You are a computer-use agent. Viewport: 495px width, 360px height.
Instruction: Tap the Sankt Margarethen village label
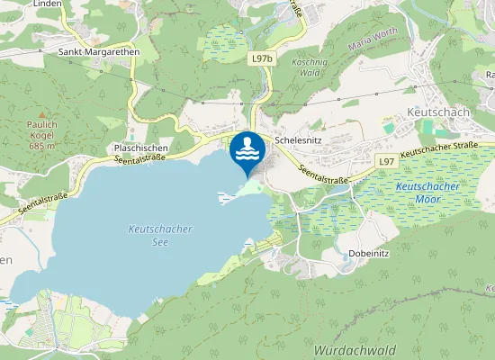(99, 52)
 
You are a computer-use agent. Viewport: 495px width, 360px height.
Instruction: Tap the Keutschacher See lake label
(160, 236)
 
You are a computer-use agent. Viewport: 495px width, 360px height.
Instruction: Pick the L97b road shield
(261, 58)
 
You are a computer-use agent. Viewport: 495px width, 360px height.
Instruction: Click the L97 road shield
(385, 161)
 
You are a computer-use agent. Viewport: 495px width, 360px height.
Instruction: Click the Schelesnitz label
(304, 141)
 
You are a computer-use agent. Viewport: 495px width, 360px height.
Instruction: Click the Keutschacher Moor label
(427, 191)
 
